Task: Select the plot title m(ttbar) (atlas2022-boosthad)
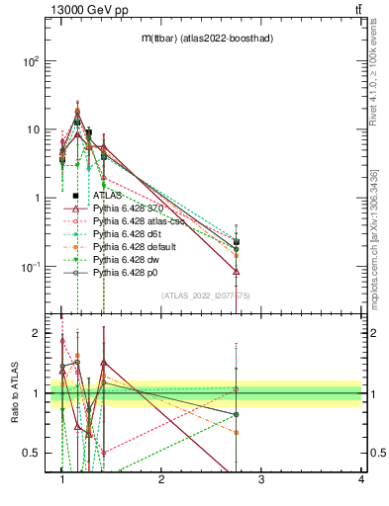pyautogui.click(x=207, y=38)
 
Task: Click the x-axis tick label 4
pyautogui.click(x=360, y=481)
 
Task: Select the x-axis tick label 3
pyautogui.click(x=260, y=481)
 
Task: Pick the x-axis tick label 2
pyautogui.click(x=161, y=481)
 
